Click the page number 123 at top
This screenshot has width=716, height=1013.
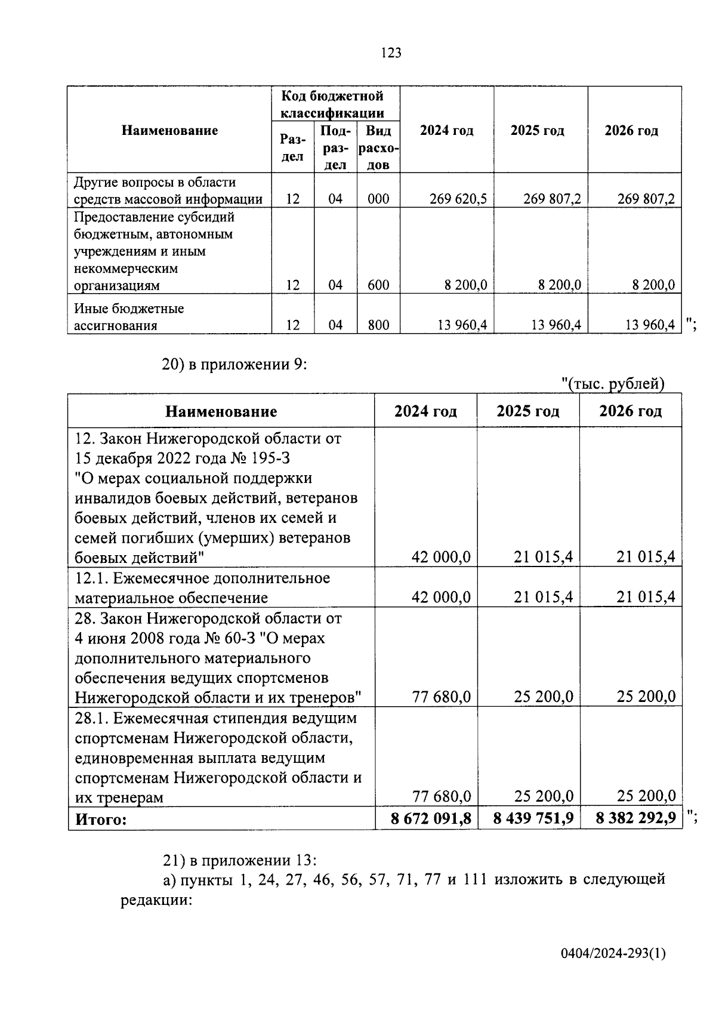tap(391, 53)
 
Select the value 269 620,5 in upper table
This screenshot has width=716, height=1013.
tap(458, 199)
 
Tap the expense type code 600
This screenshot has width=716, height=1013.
tap(378, 285)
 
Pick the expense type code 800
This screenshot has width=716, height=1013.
tap(378, 325)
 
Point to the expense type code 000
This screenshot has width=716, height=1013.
tap(378, 199)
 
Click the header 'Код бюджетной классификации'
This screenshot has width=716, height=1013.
tap(332, 104)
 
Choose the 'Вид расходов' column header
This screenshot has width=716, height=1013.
tap(378, 147)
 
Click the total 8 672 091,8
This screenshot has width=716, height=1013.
tap(431, 818)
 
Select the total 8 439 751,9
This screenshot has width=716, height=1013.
tap(533, 818)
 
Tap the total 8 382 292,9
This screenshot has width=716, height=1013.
tap(635, 818)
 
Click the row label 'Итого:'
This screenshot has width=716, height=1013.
tap(101, 819)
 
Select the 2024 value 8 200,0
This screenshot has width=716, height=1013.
tap(465, 285)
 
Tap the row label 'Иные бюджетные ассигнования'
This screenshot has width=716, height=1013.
tap(129, 317)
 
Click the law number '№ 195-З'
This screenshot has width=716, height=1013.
tap(255, 458)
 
